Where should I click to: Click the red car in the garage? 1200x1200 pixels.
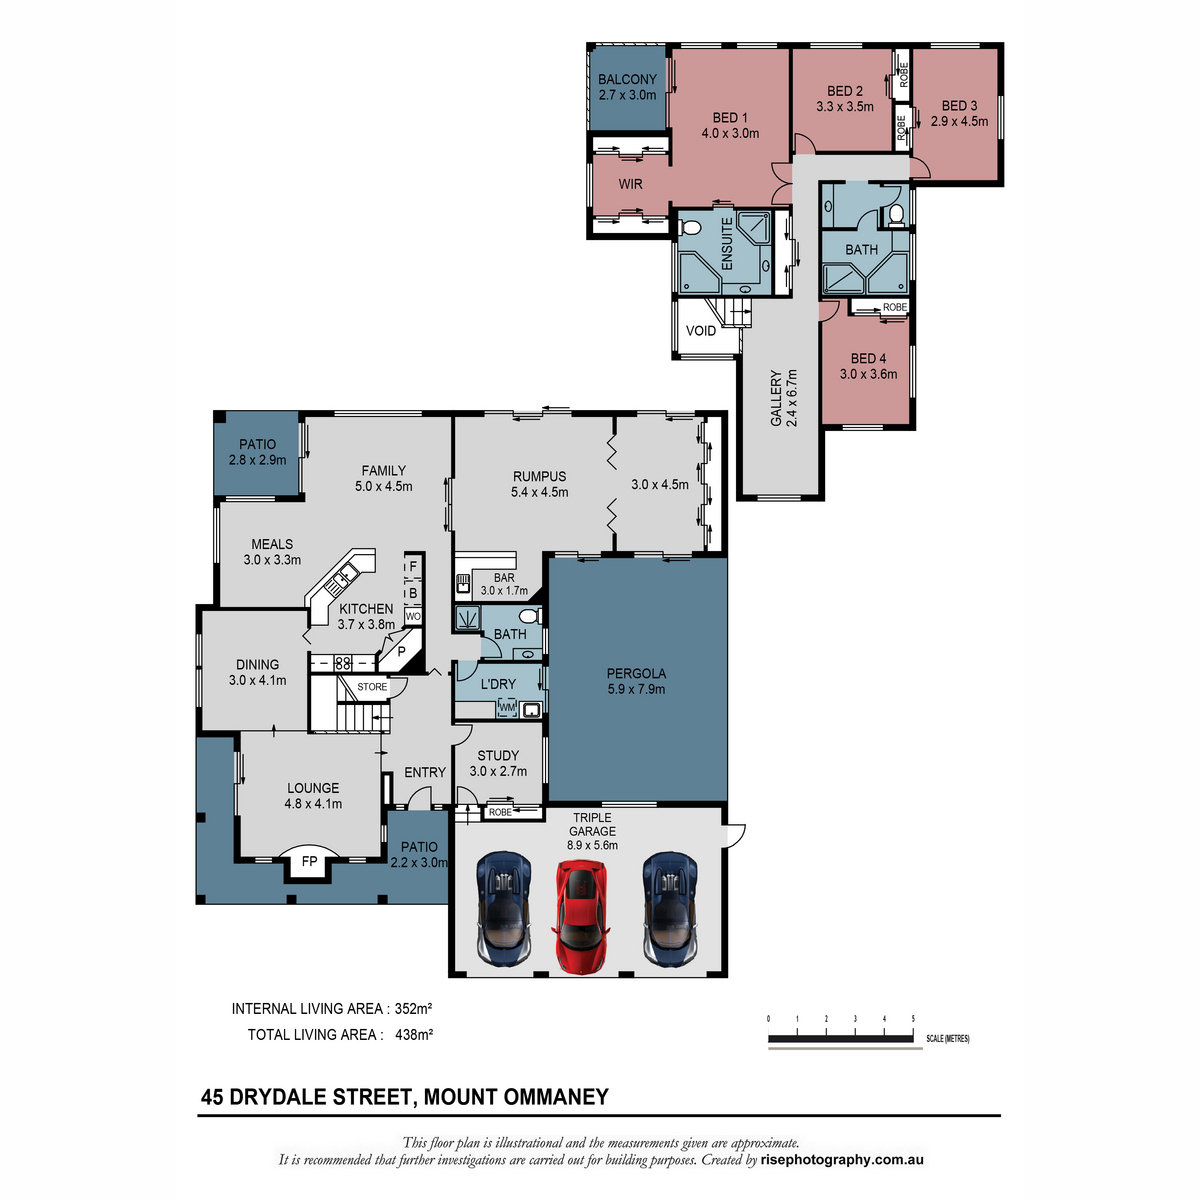[580, 916]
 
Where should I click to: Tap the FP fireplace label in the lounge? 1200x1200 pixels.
[309, 862]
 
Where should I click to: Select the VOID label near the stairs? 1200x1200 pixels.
[701, 331]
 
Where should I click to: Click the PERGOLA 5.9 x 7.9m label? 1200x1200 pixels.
[636, 681]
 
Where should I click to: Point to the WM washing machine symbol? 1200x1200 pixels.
[508, 708]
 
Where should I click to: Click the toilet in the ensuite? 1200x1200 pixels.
[690, 227]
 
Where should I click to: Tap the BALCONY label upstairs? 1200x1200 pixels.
[627, 80]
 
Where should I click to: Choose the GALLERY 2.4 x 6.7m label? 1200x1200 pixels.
[784, 398]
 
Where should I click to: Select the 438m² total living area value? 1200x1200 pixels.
[413, 1034]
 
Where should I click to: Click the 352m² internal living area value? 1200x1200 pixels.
[413, 1008]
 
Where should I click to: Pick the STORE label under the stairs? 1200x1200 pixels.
[372, 687]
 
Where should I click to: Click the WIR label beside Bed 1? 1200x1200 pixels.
[630, 184]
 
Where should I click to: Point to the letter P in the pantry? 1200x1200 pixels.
[402, 651]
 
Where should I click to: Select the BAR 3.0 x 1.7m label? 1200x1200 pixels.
[504, 584]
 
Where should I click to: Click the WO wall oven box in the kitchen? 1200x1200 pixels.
[412, 617]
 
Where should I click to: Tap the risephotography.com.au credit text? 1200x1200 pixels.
[841, 1160]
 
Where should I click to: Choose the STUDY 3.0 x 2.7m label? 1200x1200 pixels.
[498, 763]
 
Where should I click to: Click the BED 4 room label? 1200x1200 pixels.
[868, 359]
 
